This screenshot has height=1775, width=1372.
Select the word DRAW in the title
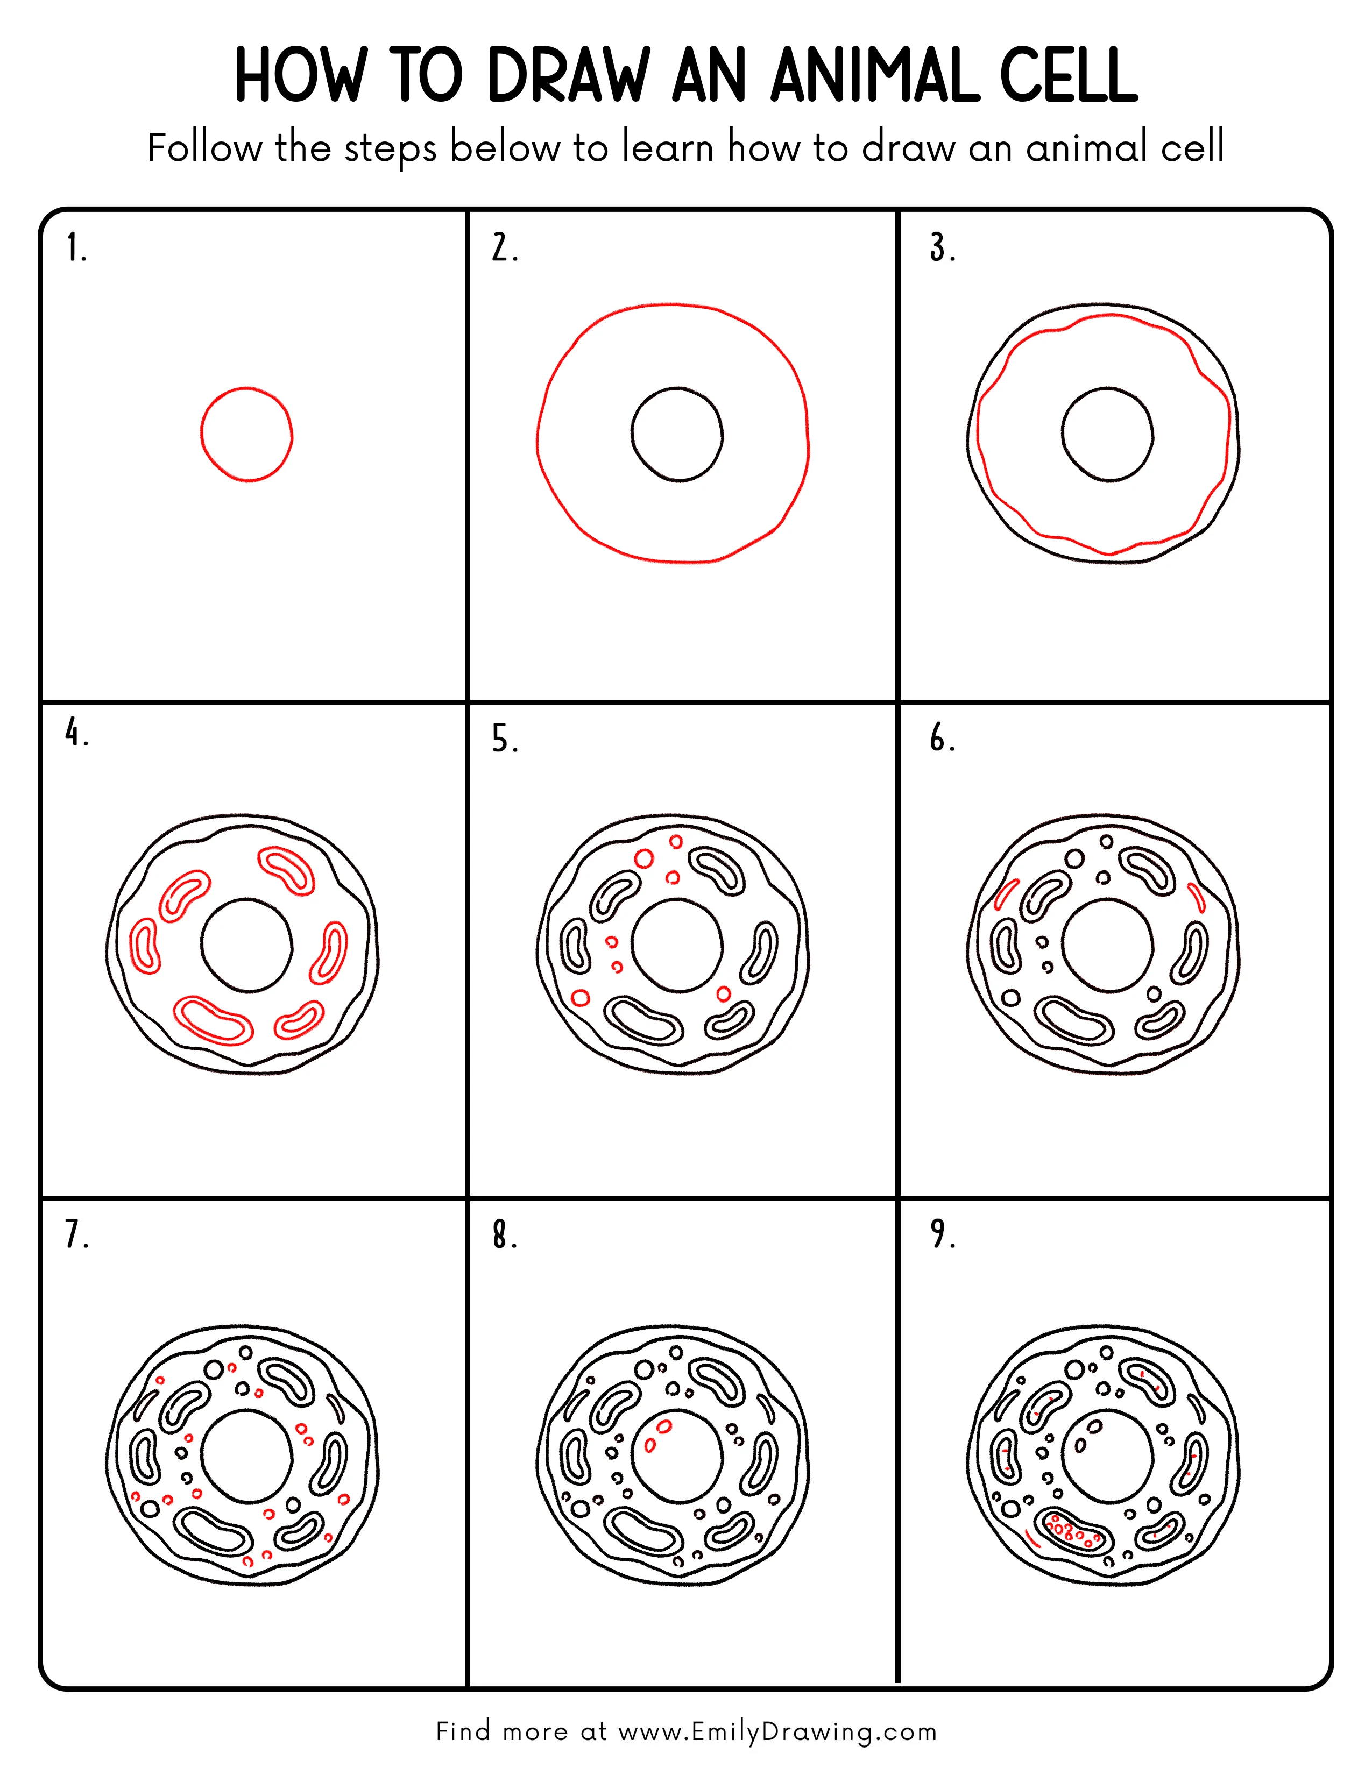tap(569, 76)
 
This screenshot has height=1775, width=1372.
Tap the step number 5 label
tap(504, 740)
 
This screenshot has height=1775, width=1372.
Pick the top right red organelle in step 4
tap(287, 870)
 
